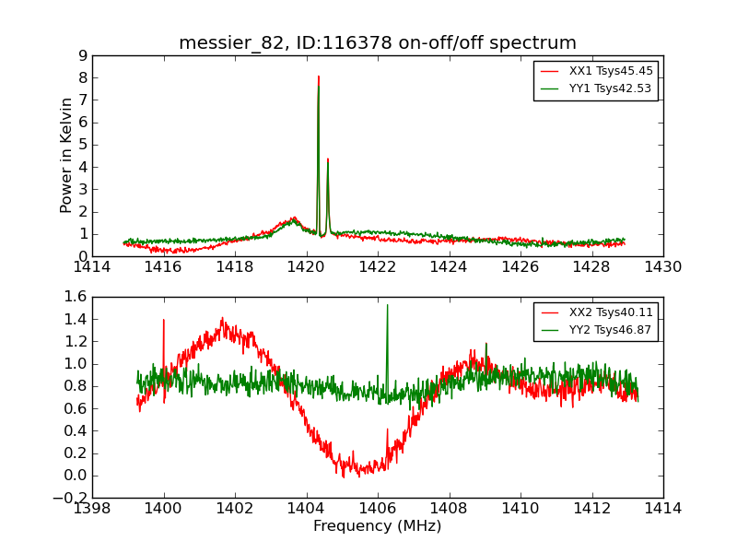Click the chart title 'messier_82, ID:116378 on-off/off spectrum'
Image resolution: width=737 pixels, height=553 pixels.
click(x=378, y=42)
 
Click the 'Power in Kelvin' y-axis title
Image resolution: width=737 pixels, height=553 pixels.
click(x=66, y=155)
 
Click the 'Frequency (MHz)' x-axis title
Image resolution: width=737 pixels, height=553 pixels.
click(x=378, y=526)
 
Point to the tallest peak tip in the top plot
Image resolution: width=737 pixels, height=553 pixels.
click(x=318, y=77)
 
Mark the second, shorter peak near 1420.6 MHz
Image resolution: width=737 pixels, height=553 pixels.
click(x=328, y=159)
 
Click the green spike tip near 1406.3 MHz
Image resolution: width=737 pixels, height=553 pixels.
click(x=387, y=305)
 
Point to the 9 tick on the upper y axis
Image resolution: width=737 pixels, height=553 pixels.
click(x=83, y=55)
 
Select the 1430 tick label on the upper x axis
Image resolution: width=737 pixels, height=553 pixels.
click(x=663, y=267)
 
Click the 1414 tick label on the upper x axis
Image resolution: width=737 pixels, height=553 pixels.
click(x=92, y=267)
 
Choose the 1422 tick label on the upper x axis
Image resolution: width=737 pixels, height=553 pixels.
click(x=378, y=267)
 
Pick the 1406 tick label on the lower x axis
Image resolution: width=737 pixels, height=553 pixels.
click(x=378, y=508)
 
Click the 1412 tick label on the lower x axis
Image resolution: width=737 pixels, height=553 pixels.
click(x=591, y=508)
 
